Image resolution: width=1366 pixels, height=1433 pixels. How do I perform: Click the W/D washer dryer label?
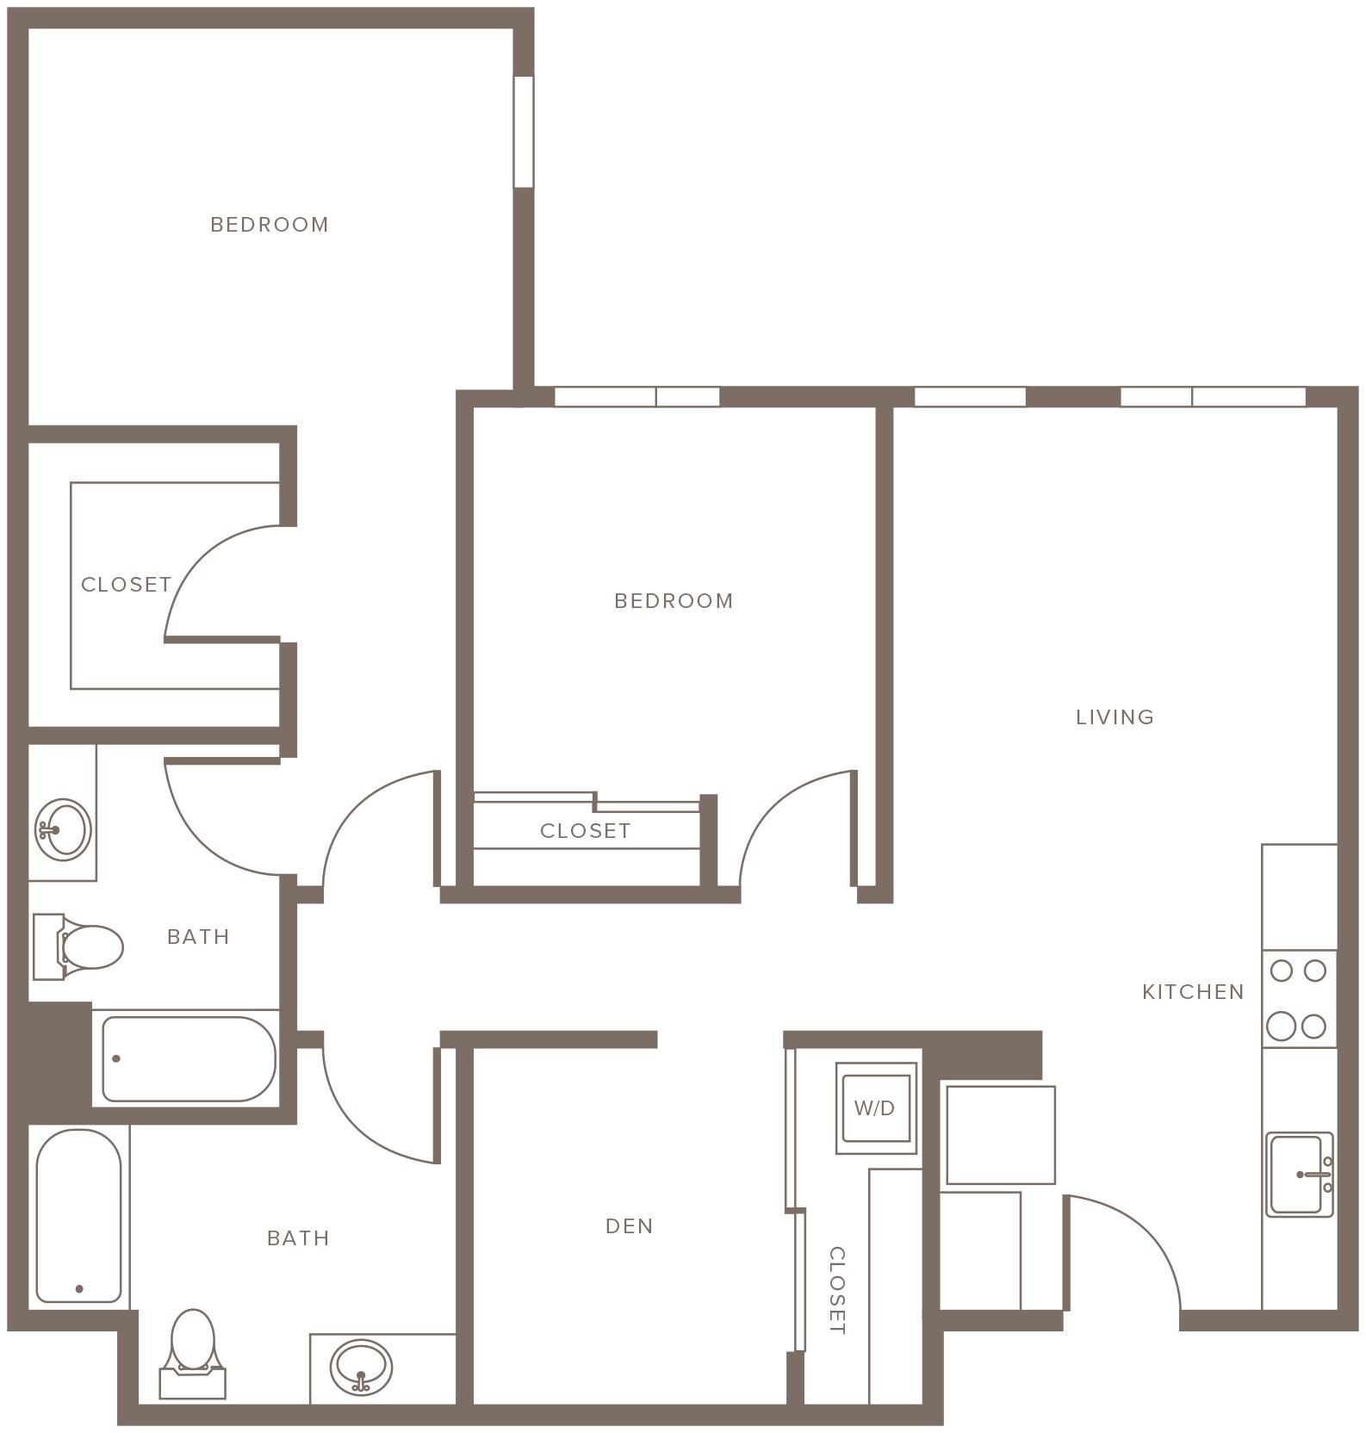(874, 1108)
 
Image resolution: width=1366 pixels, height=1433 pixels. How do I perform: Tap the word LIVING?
(1115, 717)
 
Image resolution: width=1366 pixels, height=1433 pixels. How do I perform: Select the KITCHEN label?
(1193, 992)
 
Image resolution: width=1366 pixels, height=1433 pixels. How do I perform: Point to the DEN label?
(630, 1226)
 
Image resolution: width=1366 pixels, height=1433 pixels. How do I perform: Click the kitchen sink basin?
(1296, 1174)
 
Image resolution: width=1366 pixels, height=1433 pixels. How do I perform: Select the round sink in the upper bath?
(63, 828)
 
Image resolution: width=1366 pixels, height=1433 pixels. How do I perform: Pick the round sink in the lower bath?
(363, 1367)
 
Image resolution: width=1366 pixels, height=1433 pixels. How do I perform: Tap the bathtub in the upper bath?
(189, 1059)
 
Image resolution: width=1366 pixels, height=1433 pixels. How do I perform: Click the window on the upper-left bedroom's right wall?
(523, 132)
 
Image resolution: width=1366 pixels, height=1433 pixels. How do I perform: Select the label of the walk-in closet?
(127, 585)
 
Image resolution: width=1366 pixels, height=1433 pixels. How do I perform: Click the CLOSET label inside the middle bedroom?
(586, 831)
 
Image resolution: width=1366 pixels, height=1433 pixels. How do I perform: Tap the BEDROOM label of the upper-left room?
(270, 225)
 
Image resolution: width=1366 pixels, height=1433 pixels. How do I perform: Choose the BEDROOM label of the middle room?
(674, 601)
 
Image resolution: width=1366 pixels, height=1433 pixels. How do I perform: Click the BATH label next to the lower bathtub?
(298, 1238)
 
